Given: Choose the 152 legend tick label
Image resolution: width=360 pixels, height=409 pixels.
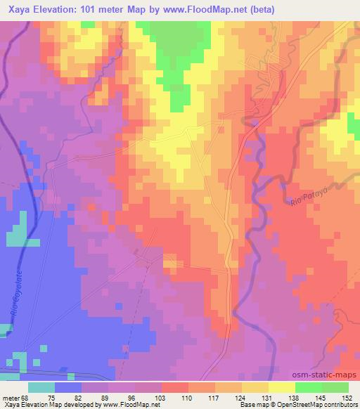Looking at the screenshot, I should click(x=349, y=398).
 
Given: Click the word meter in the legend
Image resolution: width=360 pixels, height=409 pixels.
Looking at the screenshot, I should click(x=11, y=398).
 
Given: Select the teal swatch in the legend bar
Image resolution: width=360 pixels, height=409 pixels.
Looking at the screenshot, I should click(x=41, y=387).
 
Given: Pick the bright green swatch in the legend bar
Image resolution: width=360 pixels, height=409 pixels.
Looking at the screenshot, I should click(x=309, y=387).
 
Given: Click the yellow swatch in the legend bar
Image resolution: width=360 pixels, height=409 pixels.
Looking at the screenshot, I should click(x=282, y=387).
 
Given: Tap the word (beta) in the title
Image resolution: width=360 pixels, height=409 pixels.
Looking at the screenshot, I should click(x=259, y=10).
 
